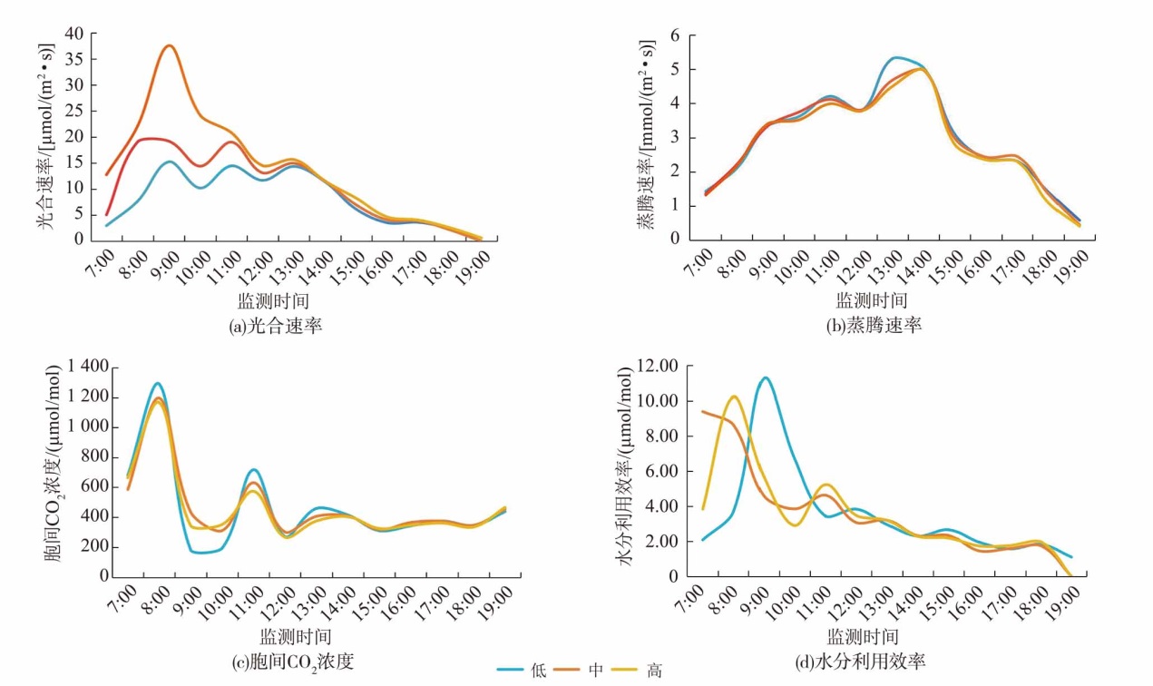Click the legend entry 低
539,671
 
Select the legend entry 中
596,671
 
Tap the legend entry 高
654,671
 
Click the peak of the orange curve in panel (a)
169,45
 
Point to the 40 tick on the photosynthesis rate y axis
74,34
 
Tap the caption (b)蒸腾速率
873,325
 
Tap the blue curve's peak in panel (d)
766,377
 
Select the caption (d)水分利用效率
860,662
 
